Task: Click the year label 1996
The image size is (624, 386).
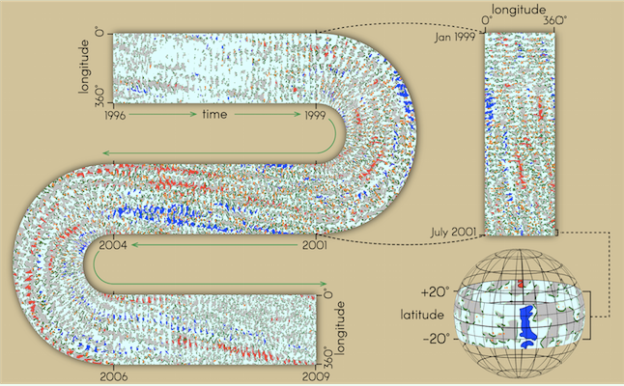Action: [115, 115]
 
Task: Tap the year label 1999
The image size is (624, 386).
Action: [315, 115]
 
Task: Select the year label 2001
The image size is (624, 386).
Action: [314, 245]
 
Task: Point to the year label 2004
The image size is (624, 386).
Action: [113, 245]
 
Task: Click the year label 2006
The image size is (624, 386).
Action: [114, 376]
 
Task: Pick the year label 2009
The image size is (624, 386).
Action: [316, 376]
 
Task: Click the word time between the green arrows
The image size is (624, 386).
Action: [214, 115]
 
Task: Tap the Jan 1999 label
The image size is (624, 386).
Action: [455, 37]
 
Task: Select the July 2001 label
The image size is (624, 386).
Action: [453, 232]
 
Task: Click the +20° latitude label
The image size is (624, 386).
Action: [433, 292]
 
